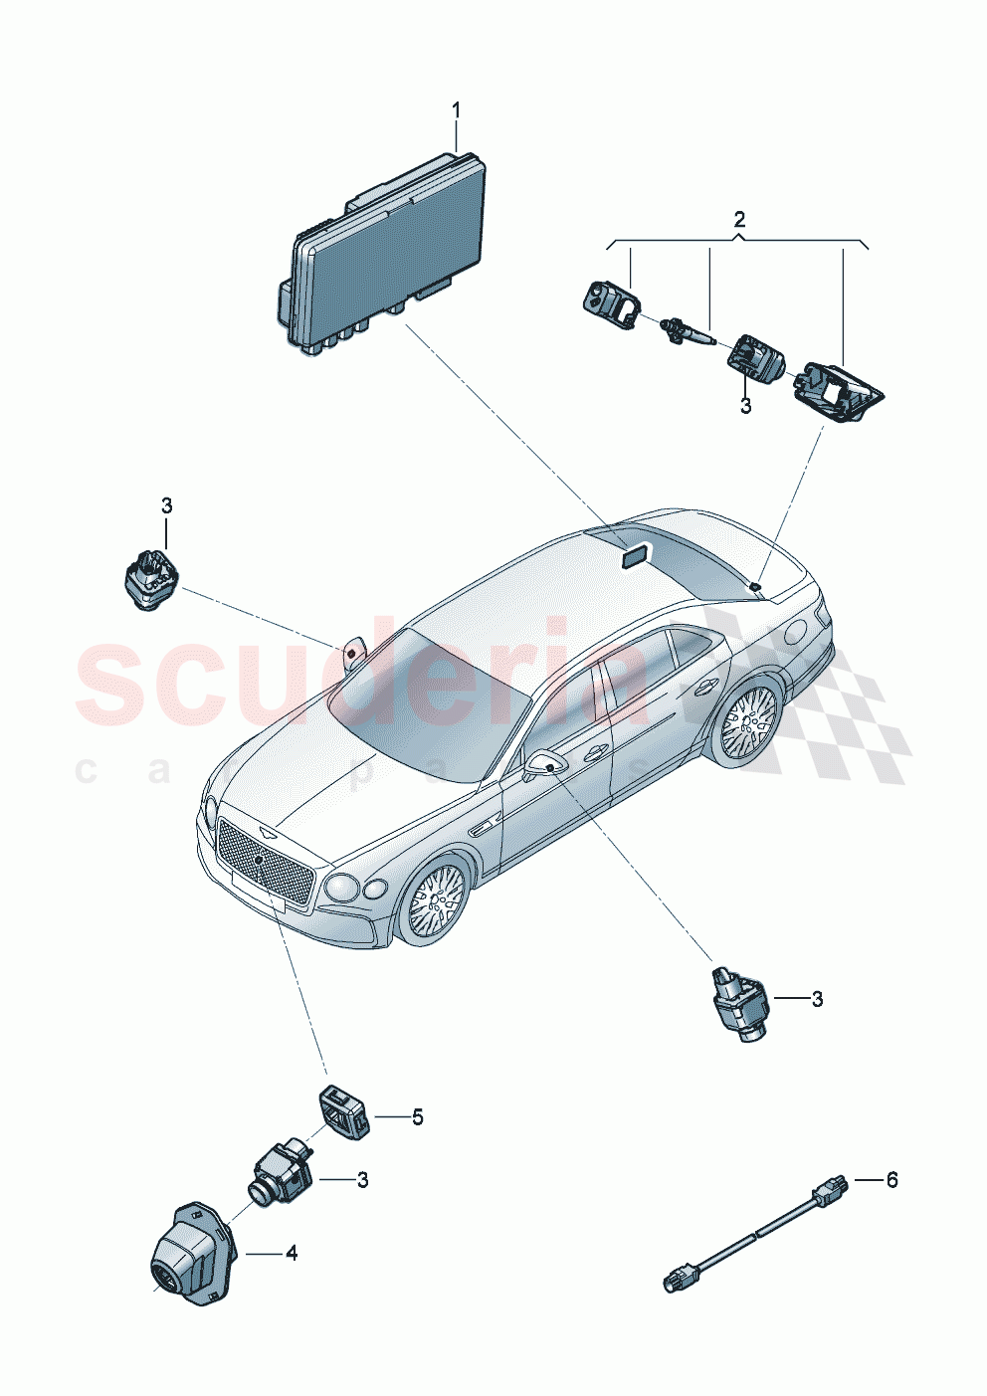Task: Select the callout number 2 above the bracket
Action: (x=739, y=219)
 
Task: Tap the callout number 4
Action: (x=292, y=1255)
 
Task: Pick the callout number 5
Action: (x=418, y=1117)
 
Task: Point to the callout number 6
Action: (x=892, y=1180)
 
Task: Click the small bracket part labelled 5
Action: (x=342, y=1110)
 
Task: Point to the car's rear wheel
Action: (x=746, y=719)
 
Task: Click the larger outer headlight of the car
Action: (x=341, y=885)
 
